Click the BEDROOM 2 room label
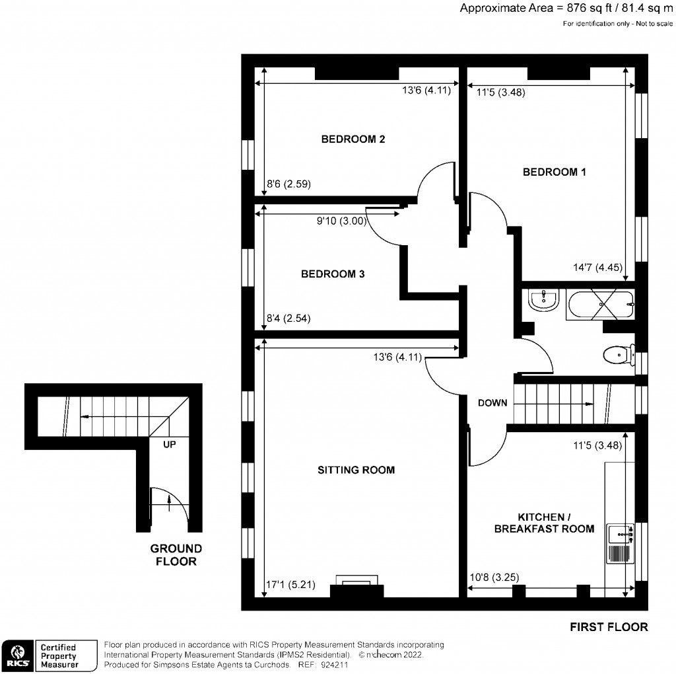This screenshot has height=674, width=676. click(x=353, y=139)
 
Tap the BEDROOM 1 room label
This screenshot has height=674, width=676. click(x=555, y=172)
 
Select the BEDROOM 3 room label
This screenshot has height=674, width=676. click(x=333, y=274)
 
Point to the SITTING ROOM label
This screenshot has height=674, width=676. click(x=356, y=470)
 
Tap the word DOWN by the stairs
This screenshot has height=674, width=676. click(x=492, y=402)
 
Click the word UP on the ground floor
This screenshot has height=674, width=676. click(x=170, y=445)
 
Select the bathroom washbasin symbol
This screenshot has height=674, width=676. click(x=545, y=301)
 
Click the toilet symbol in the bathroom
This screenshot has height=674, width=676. click(x=617, y=356)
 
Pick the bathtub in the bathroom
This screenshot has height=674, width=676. click(x=601, y=305)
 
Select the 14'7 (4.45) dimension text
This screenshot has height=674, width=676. click(x=600, y=268)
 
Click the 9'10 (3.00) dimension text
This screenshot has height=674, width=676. click(x=341, y=221)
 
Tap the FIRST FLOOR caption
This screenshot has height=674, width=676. click(x=609, y=627)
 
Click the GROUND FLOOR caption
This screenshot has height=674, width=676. click(x=176, y=555)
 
